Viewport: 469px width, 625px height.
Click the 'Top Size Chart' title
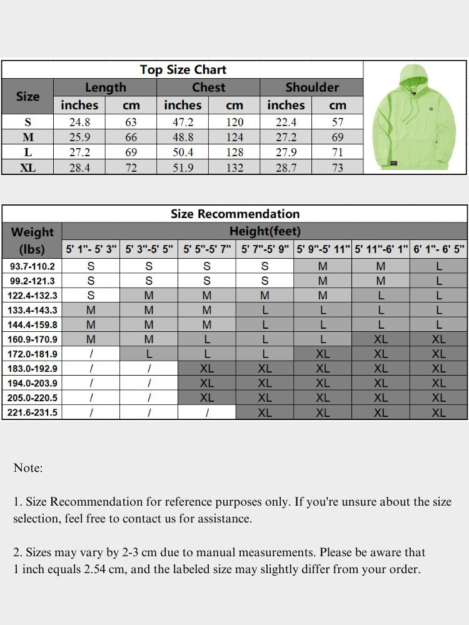click(183, 69)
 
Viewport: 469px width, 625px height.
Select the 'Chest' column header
click(208, 87)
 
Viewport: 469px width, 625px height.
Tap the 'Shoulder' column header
click(311, 87)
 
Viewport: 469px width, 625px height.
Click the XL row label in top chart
click(28, 167)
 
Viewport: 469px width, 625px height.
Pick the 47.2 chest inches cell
click(183, 122)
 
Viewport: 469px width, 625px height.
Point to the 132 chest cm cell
click(234, 167)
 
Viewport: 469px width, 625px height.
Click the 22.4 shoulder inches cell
click(286, 122)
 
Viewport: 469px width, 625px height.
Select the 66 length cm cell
click(131, 137)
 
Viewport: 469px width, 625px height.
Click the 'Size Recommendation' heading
click(234, 214)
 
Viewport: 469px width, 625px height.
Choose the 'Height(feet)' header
click(265, 231)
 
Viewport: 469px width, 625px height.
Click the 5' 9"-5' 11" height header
click(323, 249)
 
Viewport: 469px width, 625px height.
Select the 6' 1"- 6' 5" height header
click(439, 249)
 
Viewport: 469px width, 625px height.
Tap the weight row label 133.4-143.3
click(33, 310)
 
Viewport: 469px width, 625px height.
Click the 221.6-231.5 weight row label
click(33, 412)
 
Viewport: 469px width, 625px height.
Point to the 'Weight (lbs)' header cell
click(33, 240)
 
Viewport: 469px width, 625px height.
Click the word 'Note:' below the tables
click(28, 468)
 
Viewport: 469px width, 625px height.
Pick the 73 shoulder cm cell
click(337, 167)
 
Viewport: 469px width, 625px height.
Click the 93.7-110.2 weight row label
click(33, 266)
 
